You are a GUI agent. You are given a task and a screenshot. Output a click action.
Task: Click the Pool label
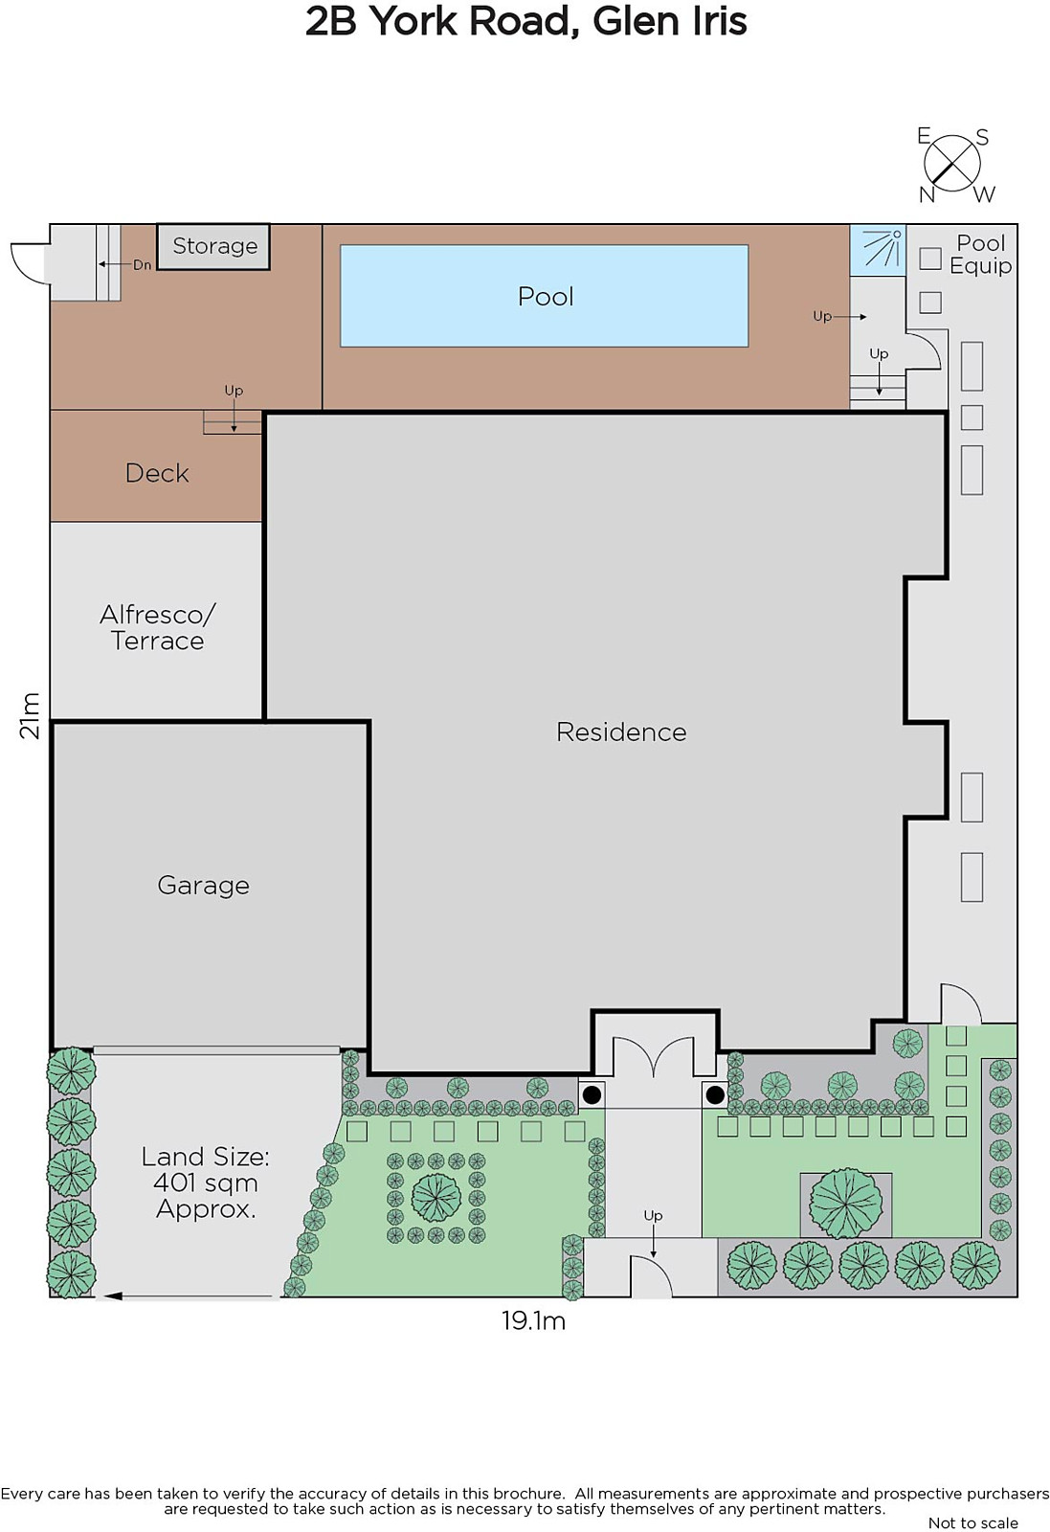[545, 297]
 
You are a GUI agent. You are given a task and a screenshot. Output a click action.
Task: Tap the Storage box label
[214, 245]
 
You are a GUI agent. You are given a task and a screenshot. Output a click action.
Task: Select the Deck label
[157, 473]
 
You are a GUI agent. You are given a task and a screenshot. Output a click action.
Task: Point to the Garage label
[203, 886]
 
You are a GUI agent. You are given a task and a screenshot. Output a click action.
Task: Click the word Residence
[620, 732]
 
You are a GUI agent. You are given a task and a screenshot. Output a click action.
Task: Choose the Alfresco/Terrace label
[157, 628]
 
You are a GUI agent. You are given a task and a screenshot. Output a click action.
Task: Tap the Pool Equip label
[980, 255]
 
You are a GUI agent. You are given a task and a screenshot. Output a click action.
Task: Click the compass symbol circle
[951, 164]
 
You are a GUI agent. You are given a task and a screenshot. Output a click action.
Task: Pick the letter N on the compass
[927, 195]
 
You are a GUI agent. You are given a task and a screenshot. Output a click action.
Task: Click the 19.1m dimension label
[533, 1320]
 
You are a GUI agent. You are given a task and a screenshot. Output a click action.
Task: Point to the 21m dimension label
[30, 715]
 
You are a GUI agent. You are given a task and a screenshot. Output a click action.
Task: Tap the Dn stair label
[142, 264]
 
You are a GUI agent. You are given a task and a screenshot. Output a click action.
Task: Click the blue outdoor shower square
[878, 250]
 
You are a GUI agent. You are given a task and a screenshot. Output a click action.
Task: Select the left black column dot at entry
[592, 1095]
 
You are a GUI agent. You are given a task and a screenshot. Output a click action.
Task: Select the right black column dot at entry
[715, 1095]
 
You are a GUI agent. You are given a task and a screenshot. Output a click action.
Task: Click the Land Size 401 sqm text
[205, 1183]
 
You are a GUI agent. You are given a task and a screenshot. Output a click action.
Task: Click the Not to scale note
[972, 1523]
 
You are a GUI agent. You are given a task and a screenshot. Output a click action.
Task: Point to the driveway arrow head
[113, 1295]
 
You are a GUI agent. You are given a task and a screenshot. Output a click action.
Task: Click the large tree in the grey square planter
[845, 1204]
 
